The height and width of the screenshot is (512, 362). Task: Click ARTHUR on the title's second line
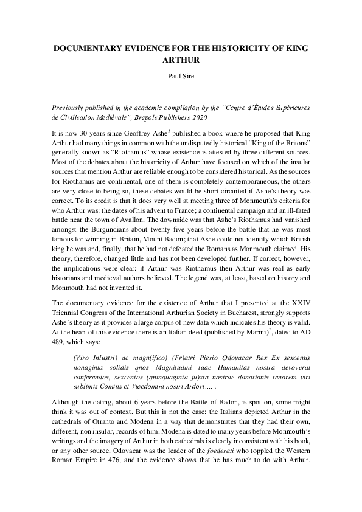point(181,61)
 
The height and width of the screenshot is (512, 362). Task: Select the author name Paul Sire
point(181,77)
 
